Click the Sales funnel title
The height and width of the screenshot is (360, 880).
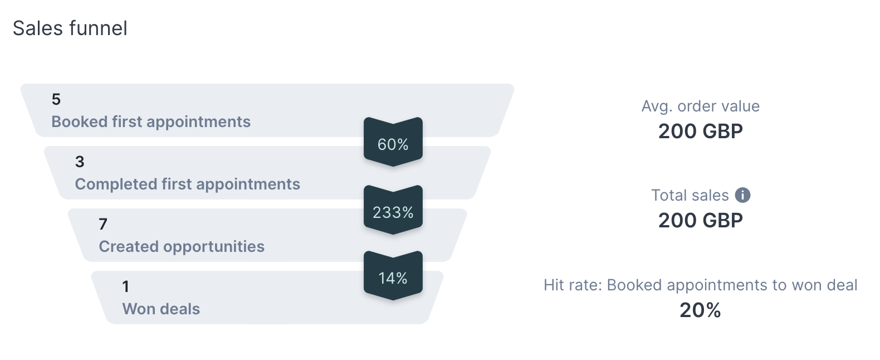pos(70,28)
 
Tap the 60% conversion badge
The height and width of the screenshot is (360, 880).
pos(393,142)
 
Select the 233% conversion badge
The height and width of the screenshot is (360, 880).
pos(393,210)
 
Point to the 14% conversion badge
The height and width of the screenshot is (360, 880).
pos(393,275)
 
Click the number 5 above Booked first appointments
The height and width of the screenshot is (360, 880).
pos(56,99)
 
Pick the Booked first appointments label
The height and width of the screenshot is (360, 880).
pos(151,122)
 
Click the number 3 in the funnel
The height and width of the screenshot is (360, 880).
pos(80,162)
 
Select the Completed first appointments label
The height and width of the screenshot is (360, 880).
pos(187,184)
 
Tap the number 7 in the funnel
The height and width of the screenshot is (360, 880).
pos(103,224)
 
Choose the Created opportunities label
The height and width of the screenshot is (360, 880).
pos(182,247)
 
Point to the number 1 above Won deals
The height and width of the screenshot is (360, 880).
pos(126,286)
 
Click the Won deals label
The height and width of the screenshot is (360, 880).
pos(161,309)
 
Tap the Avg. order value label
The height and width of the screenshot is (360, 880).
pos(701,106)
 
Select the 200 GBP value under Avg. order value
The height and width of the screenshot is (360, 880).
pos(701,132)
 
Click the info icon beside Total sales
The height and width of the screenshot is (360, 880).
pos(742,195)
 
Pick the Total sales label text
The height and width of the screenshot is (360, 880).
pos(690,196)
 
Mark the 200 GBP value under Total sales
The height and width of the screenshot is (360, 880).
pos(701,221)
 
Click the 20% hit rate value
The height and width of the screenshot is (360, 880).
pos(701,310)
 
